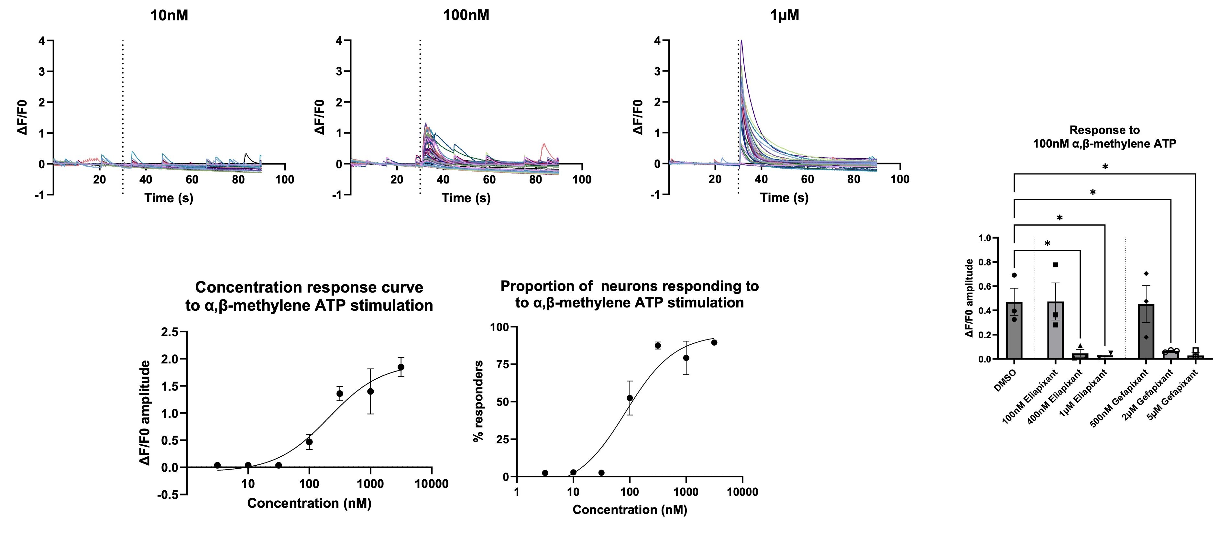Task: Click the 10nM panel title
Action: [x=169, y=15]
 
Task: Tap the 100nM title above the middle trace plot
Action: [x=466, y=15]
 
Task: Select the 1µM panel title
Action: [x=785, y=15]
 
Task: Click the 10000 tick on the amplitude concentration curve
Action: [x=431, y=484]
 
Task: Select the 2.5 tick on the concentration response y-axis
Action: [x=170, y=331]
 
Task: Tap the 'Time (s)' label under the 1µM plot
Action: [x=784, y=198]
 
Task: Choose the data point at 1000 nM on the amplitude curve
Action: [x=370, y=391]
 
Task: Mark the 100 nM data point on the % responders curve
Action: [x=630, y=398]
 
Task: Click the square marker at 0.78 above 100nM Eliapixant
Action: [x=1056, y=265]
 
